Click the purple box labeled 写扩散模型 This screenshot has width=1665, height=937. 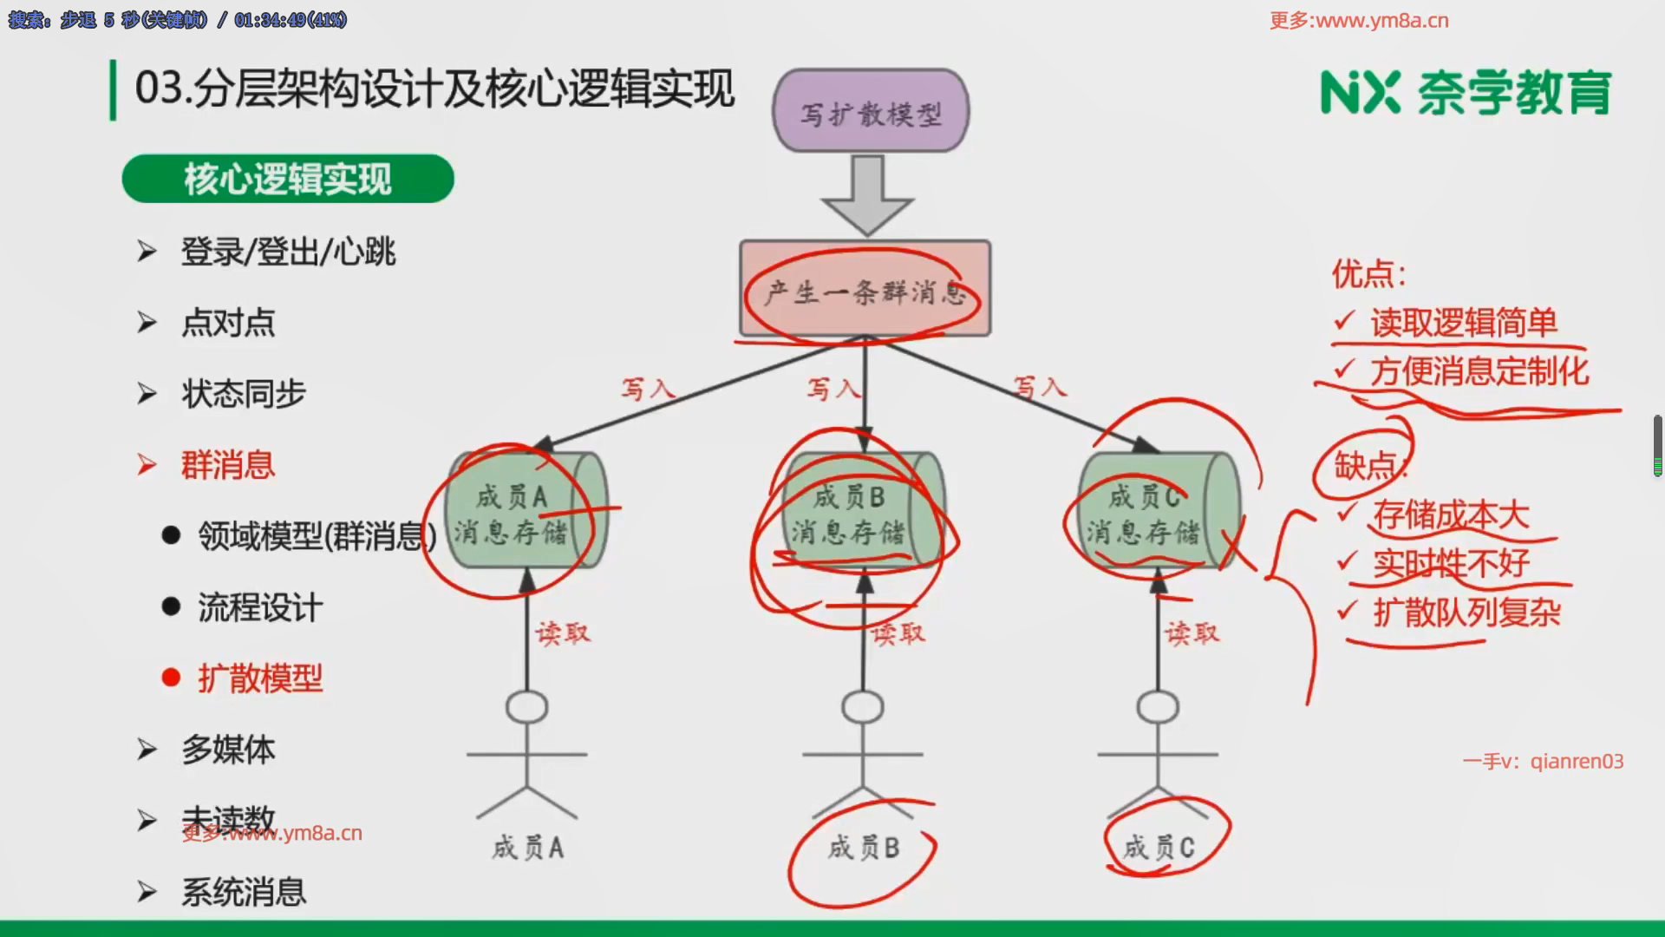click(x=870, y=111)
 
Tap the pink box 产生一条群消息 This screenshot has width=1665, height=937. click(x=865, y=289)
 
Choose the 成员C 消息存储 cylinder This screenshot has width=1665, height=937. click(x=1158, y=512)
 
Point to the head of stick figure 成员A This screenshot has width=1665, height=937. click(x=526, y=707)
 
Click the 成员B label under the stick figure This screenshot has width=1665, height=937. click(x=864, y=848)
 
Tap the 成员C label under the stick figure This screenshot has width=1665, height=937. click(x=1159, y=848)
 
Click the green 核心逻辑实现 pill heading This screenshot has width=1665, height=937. click(x=287, y=179)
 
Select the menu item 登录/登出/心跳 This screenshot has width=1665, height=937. click(x=287, y=252)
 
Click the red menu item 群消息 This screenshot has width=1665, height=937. click(x=227, y=465)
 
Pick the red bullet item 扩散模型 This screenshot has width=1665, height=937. click(x=259, y=678)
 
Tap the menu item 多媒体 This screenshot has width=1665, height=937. click(x=227, y=750)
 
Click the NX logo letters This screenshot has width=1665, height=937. click(x=1359, y=92)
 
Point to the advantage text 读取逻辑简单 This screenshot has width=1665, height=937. click(x=1463, y=323)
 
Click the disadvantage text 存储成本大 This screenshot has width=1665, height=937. click(x=1450, y=515)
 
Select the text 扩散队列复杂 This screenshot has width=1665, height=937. click(x=1466, y=613)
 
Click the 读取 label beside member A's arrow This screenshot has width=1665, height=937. click(x=563, y=633)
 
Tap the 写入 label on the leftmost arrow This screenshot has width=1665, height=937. click(x=647, y=388)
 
